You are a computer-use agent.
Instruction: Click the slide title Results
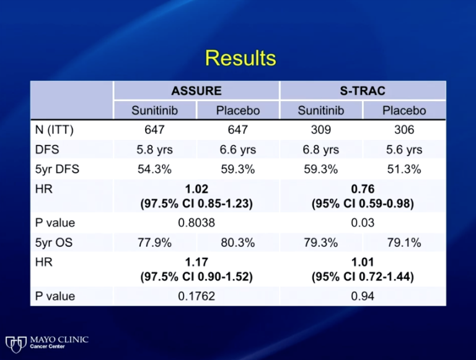pos(240,58)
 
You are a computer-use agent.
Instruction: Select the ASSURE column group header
pos(196,90)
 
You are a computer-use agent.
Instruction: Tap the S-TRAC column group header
pos(363,90)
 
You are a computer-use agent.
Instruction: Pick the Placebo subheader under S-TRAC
pos(404,110)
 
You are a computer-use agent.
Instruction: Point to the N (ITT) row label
pos(55,130)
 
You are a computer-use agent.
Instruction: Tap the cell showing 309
pos(320,130)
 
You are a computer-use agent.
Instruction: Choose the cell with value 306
pos(404,130)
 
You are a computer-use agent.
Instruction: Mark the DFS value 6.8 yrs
pos(320,149)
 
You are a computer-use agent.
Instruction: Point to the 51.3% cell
pos(404,169)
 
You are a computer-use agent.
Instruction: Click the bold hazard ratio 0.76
pos(363,189)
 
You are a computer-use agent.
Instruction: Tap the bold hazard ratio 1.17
pos(196,262)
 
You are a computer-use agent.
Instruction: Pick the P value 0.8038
pos(196,222)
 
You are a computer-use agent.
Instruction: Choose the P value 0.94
pos(363,296)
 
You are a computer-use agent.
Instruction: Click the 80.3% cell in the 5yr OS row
pos(238,242)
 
